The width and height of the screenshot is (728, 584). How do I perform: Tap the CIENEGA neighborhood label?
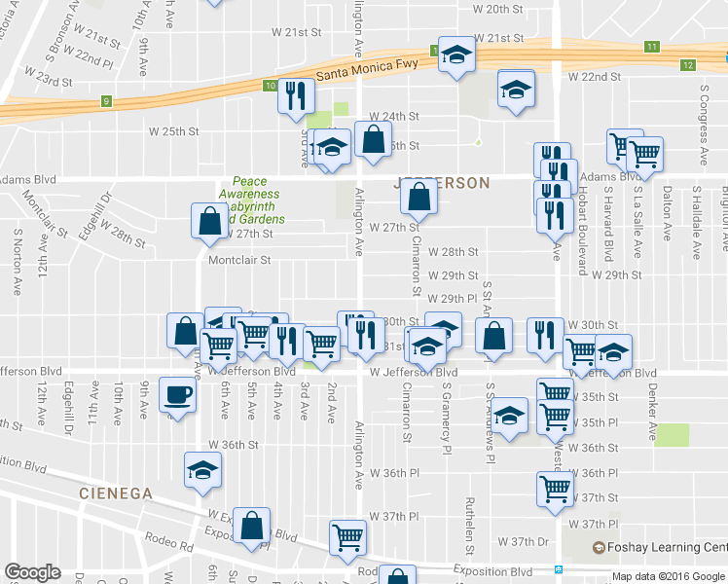[x=116, y=493]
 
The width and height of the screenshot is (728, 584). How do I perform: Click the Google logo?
[x=32, y=571]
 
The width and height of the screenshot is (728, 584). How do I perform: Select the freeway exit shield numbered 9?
[x=105, y=100]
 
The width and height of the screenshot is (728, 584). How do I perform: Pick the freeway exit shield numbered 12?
[x=688, y=64]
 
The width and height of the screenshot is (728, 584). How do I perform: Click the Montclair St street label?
[x=238, y=260]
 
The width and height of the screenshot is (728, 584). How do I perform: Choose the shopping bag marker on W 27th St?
[x=210, y=220]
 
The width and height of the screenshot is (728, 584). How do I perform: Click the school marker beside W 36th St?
[x=202, y=469]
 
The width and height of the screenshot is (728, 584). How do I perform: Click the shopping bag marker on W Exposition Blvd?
[x=252, y=526]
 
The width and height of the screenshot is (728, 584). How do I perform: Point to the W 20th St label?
[x=497, y=9]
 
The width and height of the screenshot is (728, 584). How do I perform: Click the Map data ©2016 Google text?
[x=668, y=576]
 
